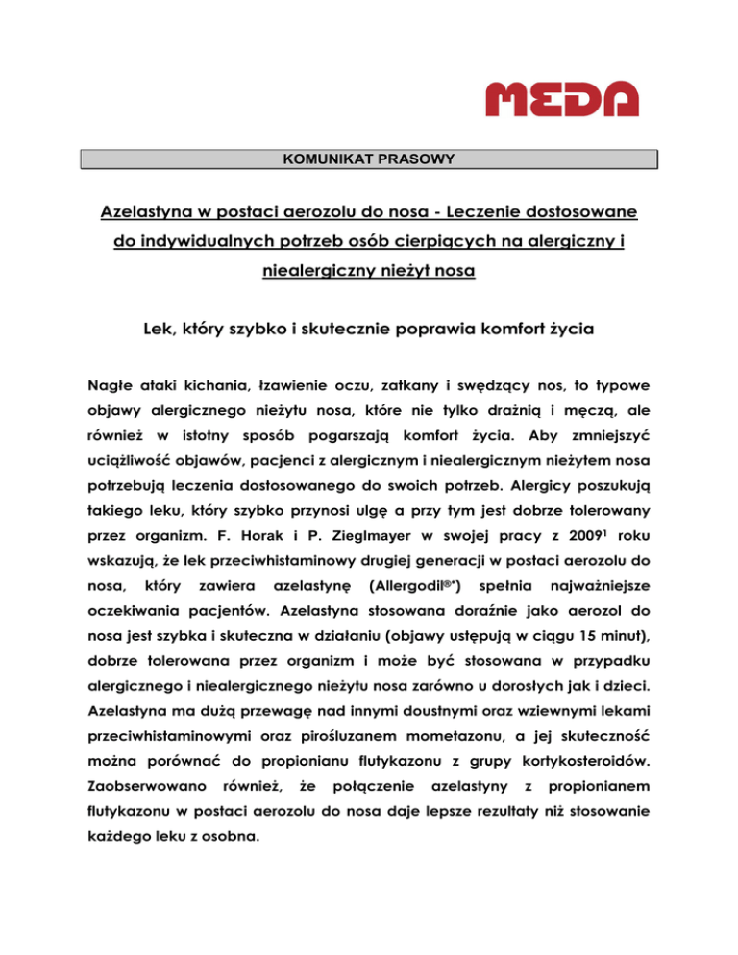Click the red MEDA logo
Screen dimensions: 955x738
[x=560, y=99]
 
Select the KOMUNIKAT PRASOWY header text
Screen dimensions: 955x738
[x=369, y=158]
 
